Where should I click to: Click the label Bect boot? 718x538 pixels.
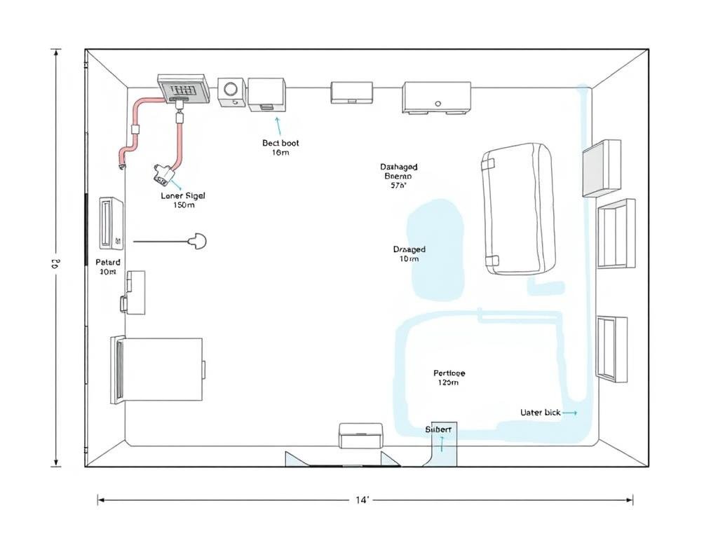[x=280, y=143]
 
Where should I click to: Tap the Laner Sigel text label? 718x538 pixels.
[x=183, y=196]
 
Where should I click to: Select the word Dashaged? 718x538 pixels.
[x=399, y=167]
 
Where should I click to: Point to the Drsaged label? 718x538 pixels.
[x=409, y=249]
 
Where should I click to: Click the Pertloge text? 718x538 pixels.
[x=449, y=373]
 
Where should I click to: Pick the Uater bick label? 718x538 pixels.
[x=540, y=413]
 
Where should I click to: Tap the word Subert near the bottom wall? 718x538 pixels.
[x=438, y=429]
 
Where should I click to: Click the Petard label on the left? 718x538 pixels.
[x=108, y=262]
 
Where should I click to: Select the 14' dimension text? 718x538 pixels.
[x=363, y=500]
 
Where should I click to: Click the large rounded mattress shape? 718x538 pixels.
[x=518, y=208]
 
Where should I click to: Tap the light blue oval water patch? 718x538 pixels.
[x=438, y=249]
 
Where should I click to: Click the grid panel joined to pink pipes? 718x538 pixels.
[x=184, y=89]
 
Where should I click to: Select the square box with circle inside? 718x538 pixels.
[x=231, y=92]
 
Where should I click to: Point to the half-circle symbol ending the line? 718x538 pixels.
[x=198, y=242]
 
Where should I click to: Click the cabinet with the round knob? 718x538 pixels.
[x=436, y=97]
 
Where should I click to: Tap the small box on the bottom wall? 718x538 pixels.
[x=360, y=435]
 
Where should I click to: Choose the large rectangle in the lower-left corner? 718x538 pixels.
[x=158, y=370]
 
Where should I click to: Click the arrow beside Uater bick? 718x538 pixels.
[x=570, y=413]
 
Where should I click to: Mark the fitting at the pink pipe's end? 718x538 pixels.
[x=162, y=172]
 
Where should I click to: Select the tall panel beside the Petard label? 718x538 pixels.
[x=111, y=223]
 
